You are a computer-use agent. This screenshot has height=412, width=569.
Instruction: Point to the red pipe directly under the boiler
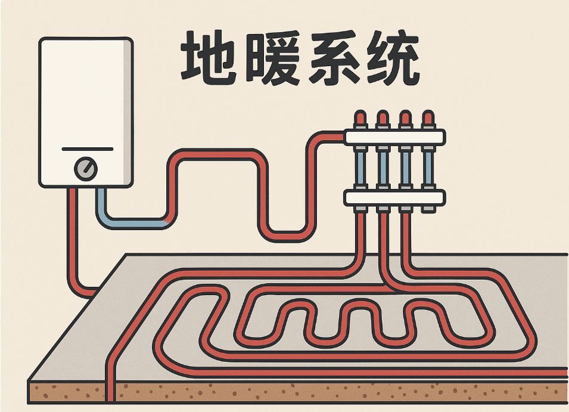(x=73, y=238)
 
